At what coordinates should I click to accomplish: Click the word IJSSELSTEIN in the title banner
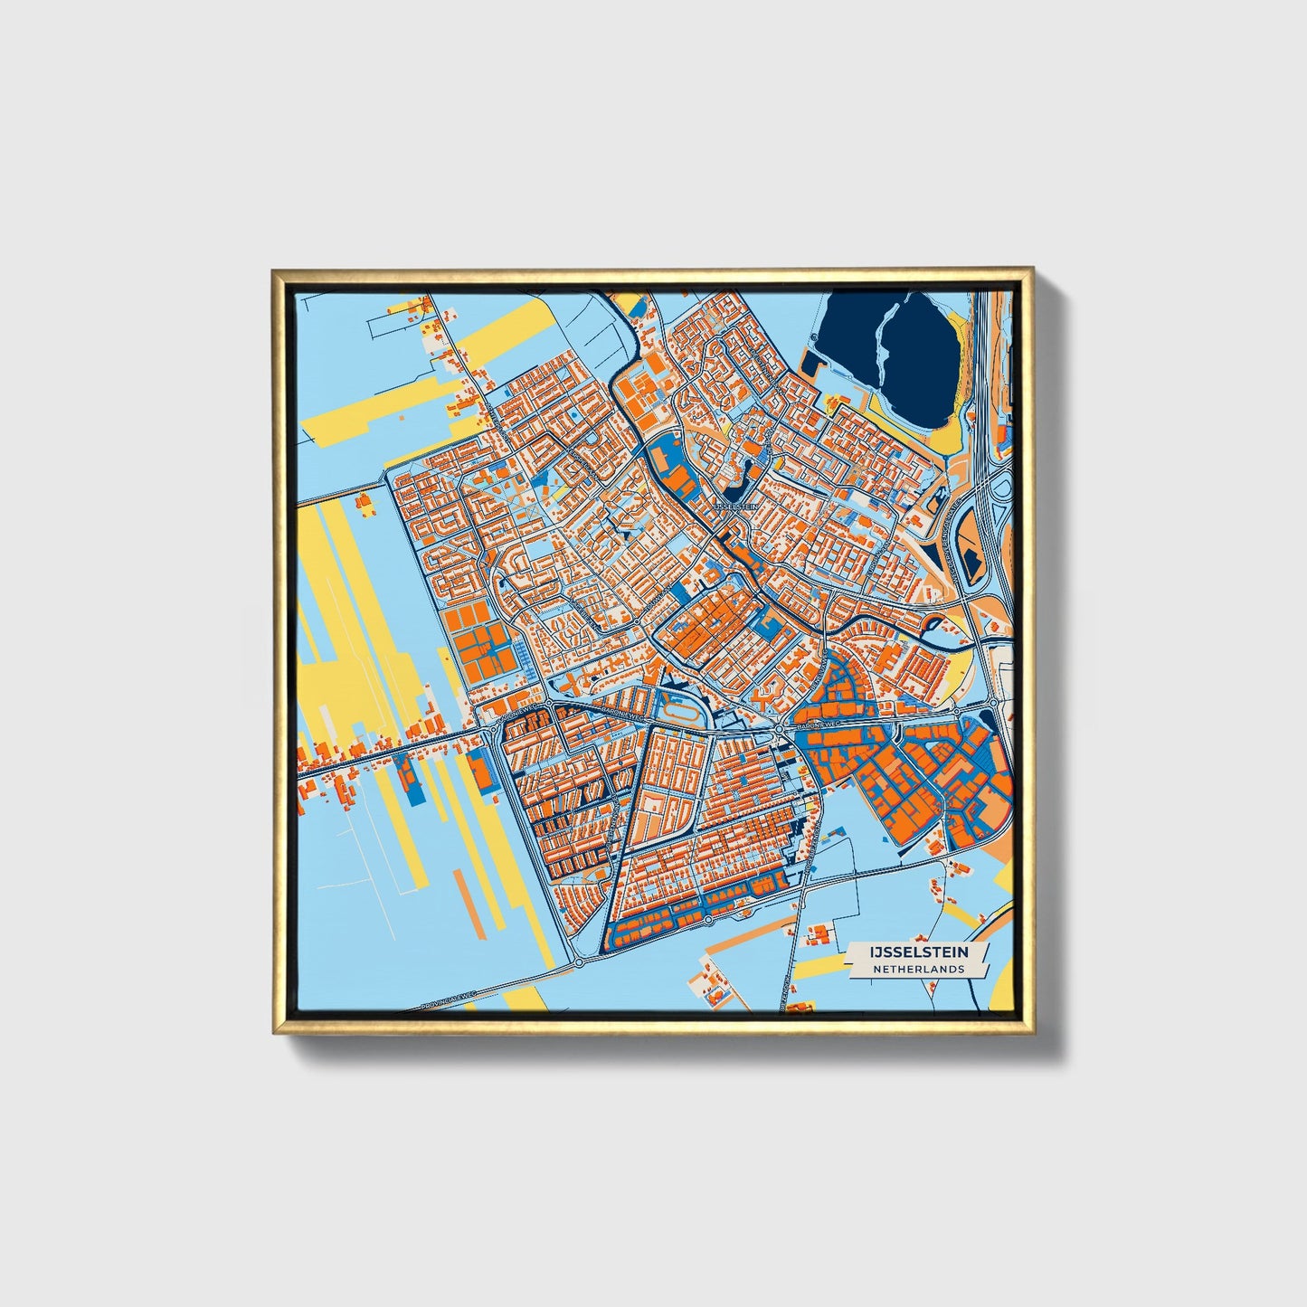(918, 952)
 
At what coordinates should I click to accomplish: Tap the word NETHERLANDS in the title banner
(918, 969)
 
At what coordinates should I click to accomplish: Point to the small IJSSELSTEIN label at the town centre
(735, 507)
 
